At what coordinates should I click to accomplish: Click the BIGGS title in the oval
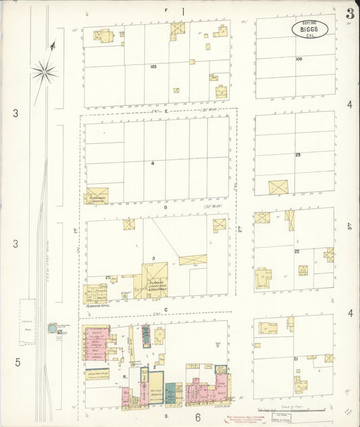click(310, 29)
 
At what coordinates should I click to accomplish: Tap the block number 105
click(154, 66)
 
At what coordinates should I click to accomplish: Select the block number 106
click(299, 59)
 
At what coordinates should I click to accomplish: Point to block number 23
click(297, 155)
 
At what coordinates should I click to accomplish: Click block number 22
click(297, 251)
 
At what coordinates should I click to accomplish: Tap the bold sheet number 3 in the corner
click(350, 14)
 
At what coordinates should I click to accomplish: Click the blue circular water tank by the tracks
click(53, 328)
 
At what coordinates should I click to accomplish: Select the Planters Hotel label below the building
click(98, 306)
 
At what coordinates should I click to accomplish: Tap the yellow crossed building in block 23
click(278, 187)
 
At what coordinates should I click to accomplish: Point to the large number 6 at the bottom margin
click(199, 417)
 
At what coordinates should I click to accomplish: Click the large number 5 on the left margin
click(18, 362)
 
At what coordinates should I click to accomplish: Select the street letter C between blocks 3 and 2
click(165, 308)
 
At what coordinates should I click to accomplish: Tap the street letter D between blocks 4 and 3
click(165, 208)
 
